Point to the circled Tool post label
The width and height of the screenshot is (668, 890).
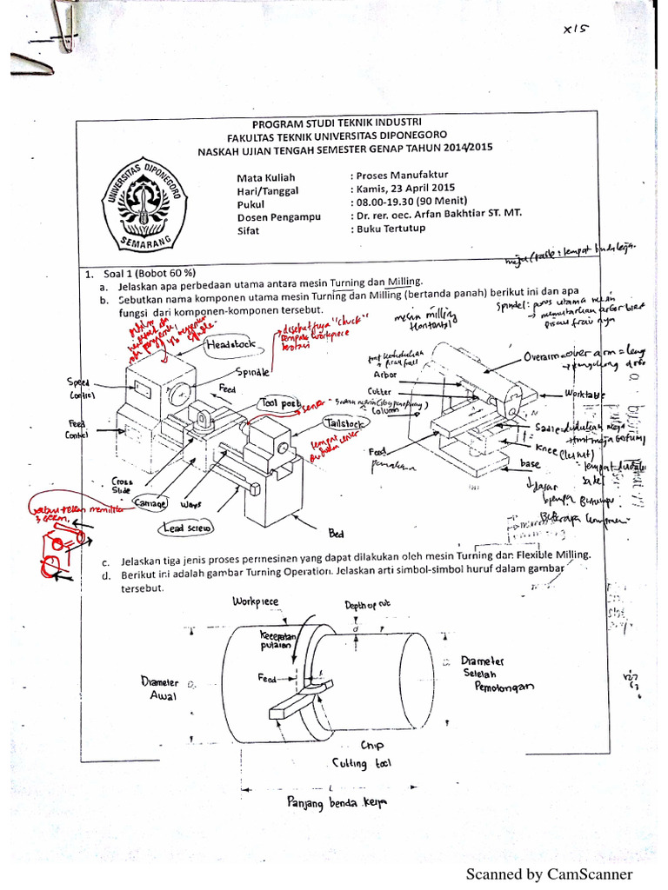point(278,404)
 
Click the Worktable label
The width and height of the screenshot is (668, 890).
point(584,394)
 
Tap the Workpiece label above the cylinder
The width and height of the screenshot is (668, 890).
point(256,601)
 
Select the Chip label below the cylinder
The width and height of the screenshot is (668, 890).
point(372,745)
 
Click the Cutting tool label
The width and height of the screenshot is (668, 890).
point(362,763)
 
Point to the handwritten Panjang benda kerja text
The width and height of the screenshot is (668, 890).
point(336,802)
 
